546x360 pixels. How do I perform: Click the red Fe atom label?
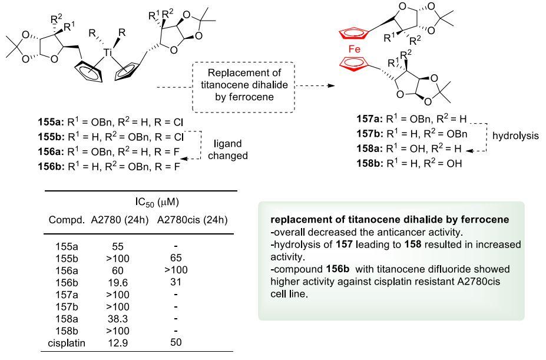pos(355,49)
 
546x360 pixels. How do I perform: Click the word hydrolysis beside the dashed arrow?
pos(516,136)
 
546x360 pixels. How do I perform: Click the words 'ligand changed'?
pos(227,150)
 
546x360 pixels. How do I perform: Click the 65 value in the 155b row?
pos(177,258)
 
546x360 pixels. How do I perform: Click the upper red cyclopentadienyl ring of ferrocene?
pos(356,32)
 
